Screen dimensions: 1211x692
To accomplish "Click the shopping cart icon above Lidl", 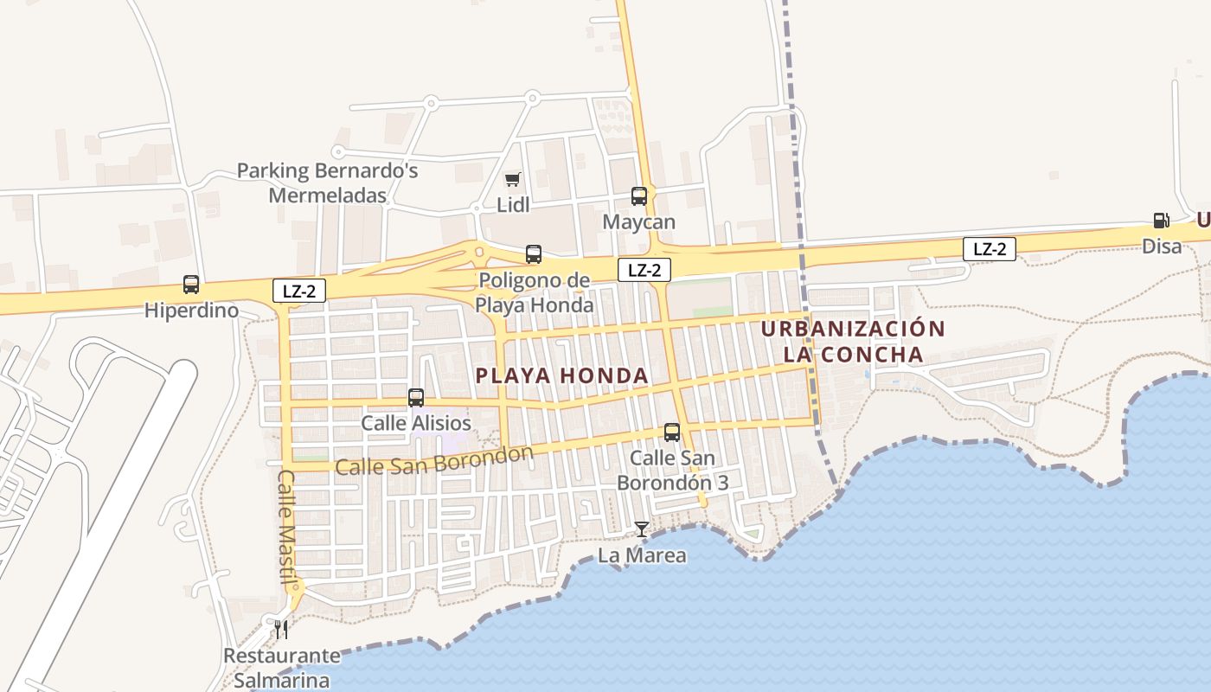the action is pos(513,180).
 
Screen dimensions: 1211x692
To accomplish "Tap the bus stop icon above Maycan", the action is pos(639,196).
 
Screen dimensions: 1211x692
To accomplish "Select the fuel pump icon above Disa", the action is pos(1161,221).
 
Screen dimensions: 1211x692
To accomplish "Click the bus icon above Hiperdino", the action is pos(191,285).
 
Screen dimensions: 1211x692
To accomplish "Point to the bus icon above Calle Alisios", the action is pos(416,398).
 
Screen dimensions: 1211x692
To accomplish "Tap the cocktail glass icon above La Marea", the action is pos(641,529).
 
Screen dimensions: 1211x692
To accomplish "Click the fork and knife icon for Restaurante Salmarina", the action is pos(280,628).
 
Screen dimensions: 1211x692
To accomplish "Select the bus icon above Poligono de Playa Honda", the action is pos(534,254).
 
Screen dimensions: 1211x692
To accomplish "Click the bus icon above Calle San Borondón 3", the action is pos(672,432).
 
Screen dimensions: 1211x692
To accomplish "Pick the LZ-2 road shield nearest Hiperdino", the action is pos(299,291).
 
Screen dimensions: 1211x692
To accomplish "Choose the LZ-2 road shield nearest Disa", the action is pos(990,249).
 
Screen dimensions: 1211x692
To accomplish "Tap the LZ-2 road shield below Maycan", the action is pos(644,270).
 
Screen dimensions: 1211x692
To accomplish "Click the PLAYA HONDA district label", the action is pos(562,375).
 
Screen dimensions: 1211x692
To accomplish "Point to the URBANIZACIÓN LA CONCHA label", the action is pos(853,342).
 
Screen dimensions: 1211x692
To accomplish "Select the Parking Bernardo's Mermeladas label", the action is pos(328,183).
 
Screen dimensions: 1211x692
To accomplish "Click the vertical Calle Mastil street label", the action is pos(287,527).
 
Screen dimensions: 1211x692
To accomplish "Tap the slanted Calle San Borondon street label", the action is pos(433,461).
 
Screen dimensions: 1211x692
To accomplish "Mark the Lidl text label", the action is pos(513,206).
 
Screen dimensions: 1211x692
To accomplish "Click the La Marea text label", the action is pos(642,555).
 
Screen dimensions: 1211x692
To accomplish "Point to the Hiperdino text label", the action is pos(191,310).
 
